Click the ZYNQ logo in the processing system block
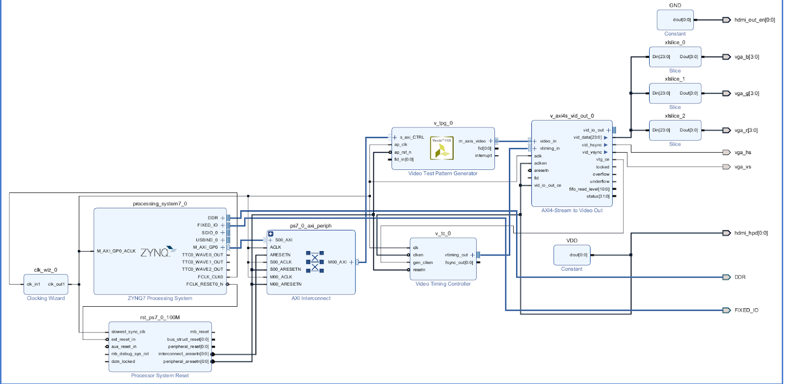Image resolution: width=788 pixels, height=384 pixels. click(158, 252)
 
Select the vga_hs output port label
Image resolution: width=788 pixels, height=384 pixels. click(743, 153)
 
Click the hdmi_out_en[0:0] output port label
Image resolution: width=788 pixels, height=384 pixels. click(754, 20)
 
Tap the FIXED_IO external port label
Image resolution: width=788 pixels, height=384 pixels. click(746, 310)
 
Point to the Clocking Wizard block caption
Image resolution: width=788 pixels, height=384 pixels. click(46, 298)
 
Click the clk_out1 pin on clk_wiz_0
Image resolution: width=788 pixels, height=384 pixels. click(56, 284)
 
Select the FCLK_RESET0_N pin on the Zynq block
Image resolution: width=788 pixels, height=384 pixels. click(204, 284)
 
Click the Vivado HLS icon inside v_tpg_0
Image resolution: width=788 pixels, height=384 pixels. click(441, 148)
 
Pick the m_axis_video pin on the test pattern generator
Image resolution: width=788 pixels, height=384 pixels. click(472, 141)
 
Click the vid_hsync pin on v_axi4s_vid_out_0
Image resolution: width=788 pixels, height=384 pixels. click(591, 145)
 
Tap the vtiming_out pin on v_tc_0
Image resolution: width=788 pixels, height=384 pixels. click(456, 255)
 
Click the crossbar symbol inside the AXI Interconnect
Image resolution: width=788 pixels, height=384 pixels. click(315, 261)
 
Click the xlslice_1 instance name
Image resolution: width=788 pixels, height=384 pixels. click(675, 79)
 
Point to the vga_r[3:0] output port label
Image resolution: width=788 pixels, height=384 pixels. click(746, 130)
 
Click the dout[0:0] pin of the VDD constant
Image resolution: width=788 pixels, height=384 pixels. click(578, 255)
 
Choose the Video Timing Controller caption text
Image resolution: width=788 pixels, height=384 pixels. click(443, 284)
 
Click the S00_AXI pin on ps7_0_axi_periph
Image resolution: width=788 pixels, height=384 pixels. click(284, 240)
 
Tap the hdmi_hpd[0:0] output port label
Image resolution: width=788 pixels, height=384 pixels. click(751, 233)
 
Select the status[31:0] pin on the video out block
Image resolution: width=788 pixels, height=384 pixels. click(597, 196)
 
